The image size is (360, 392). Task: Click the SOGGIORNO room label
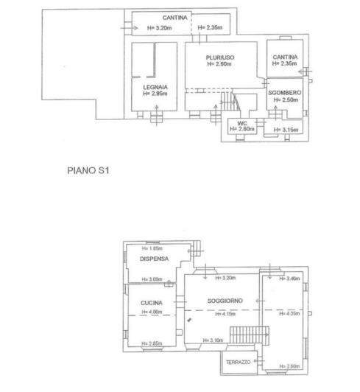pyautogui.click(x=225, y=301)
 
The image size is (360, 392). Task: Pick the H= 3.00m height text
pyautogui.click(x=151, y=279)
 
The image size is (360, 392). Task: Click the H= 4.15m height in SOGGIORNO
pyautogui.click(x=225, y=314)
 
